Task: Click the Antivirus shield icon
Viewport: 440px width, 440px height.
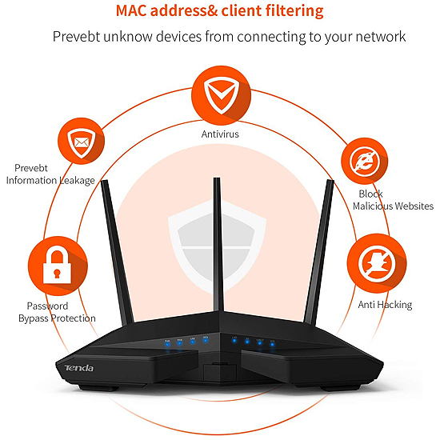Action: coord(221,95)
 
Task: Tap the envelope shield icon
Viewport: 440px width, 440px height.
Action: coord(81,141)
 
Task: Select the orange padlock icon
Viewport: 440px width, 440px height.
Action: coord(58,266)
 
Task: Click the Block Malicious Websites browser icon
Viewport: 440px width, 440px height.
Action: coord(365,162)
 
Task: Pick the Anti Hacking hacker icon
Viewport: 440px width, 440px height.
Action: coord(377,263)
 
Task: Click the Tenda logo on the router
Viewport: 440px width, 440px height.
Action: coord(79,368)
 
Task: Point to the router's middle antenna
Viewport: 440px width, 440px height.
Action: coord(218,244)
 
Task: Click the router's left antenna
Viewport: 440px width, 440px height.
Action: coord(117,253)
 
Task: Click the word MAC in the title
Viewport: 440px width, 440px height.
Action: coord(131,10)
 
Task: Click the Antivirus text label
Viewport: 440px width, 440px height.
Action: coord(220,134)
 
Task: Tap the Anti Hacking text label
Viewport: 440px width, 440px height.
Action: coord(385,305)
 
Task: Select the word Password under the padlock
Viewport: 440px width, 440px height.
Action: coord(47,306)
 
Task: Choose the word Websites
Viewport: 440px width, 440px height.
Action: coord(414,206)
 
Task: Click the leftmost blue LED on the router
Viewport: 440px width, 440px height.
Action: coord(167,343)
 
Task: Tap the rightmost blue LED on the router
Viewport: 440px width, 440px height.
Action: coord(272,344)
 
